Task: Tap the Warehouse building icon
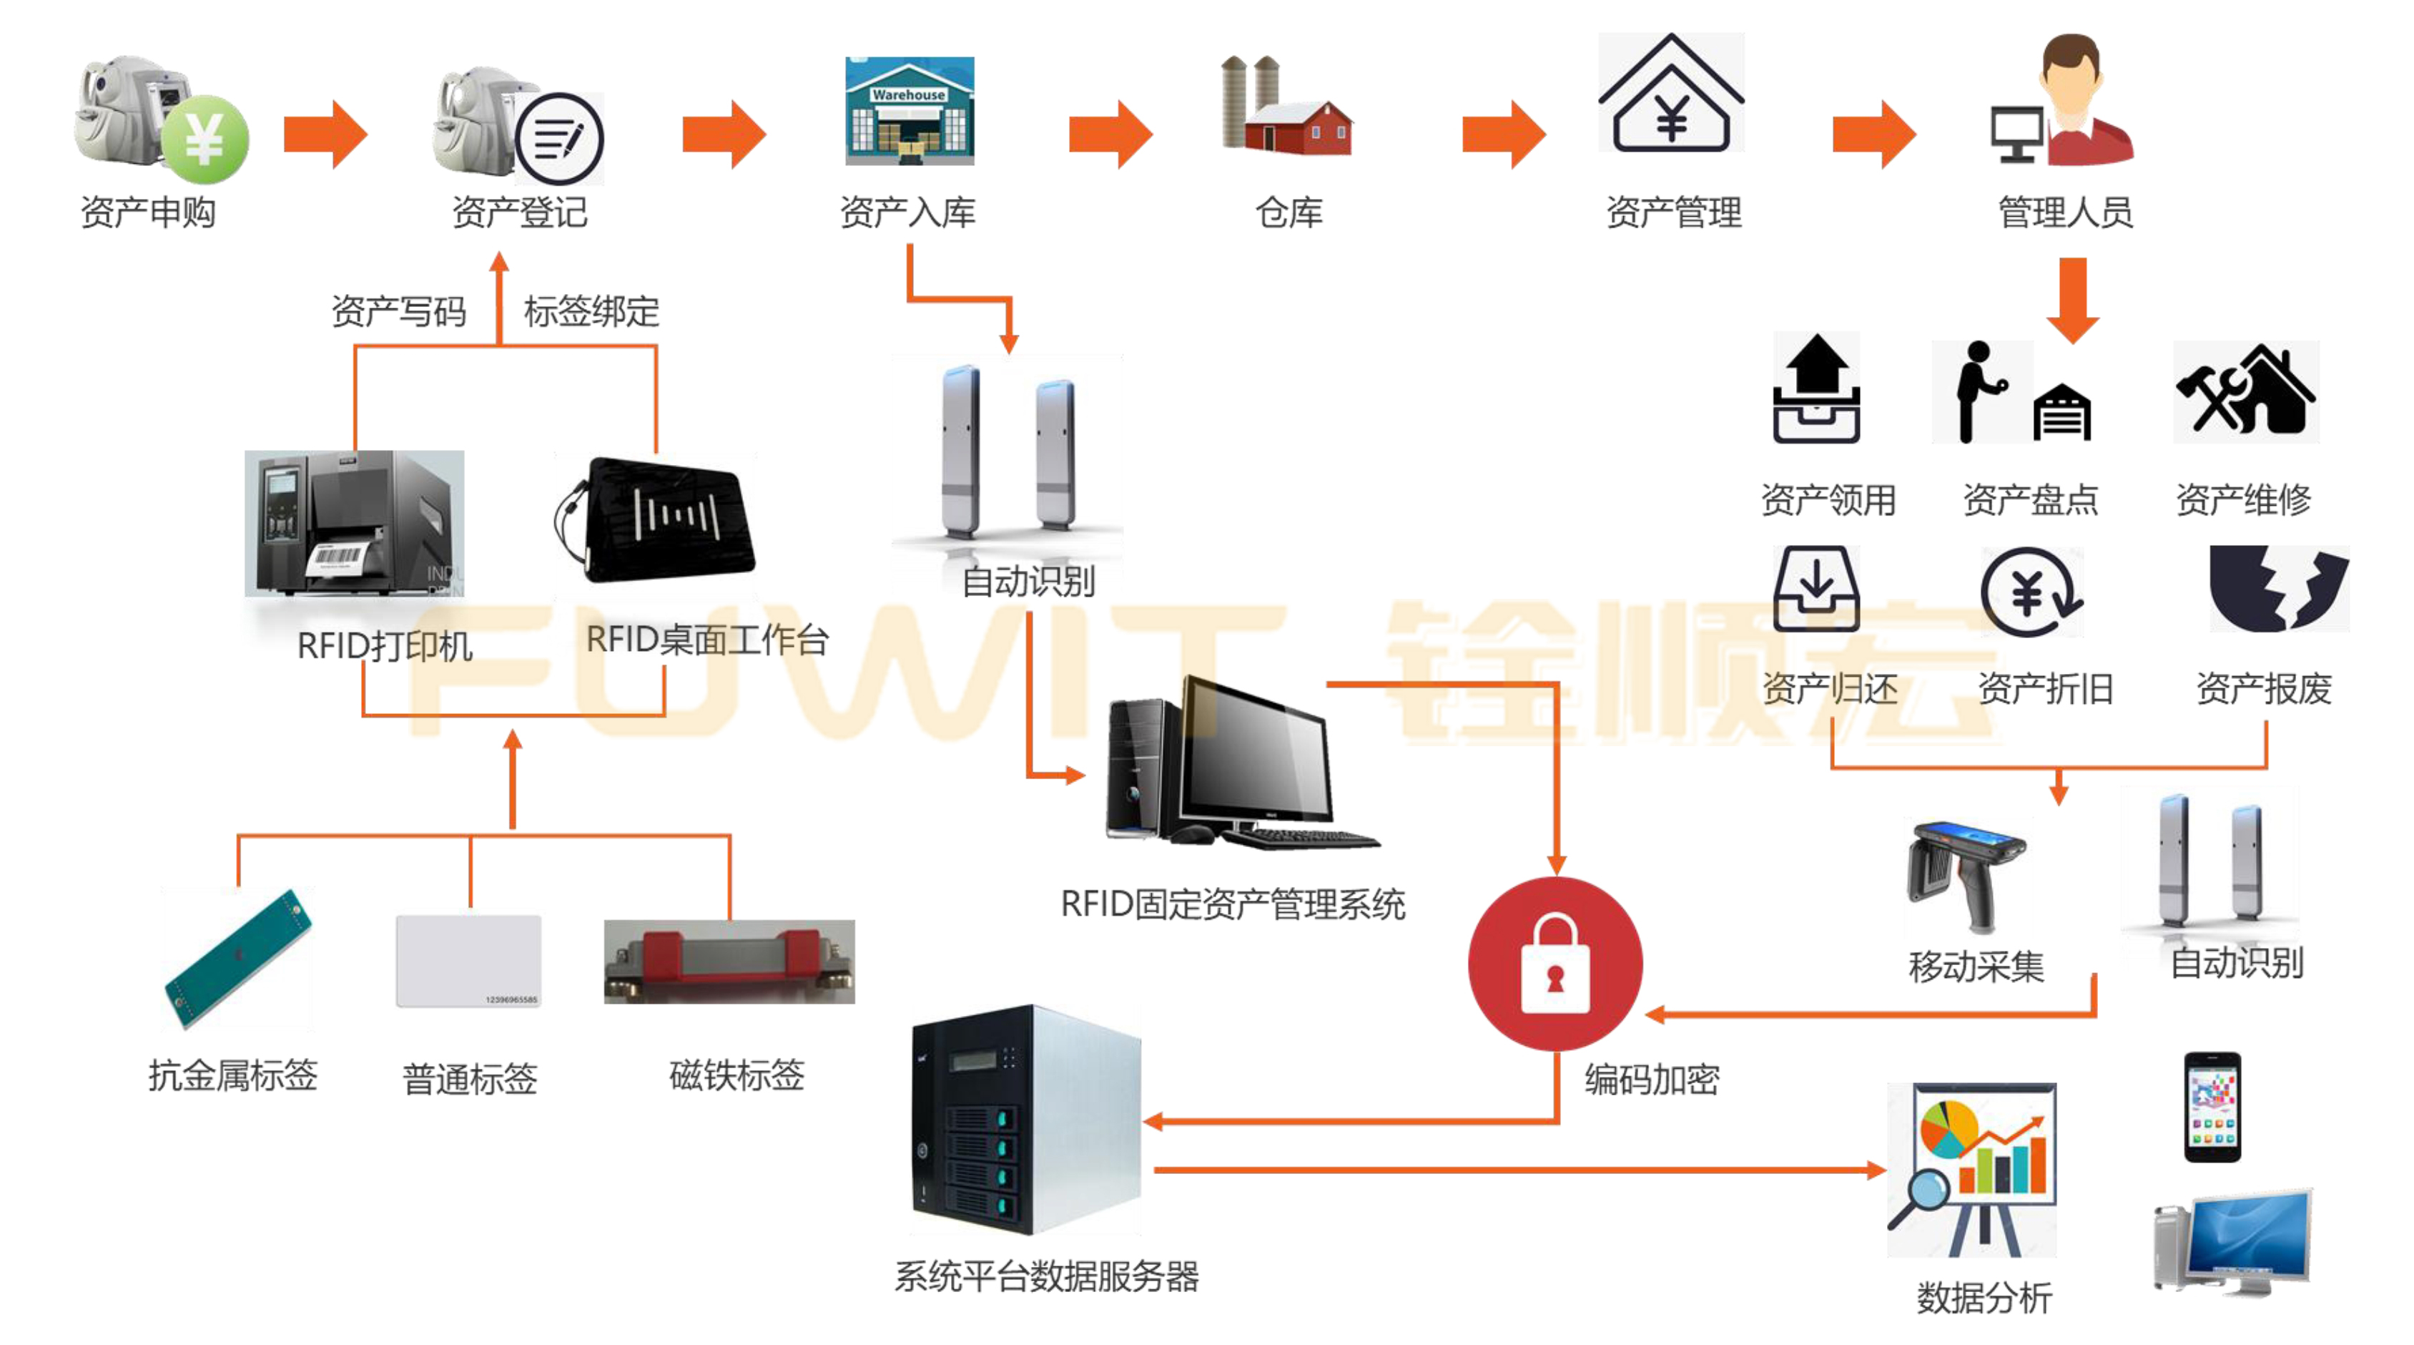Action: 909,111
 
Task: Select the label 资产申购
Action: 148,212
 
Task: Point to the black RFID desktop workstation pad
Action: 660,518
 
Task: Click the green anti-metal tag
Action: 237,958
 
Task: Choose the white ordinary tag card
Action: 468,961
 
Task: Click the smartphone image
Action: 2212,1106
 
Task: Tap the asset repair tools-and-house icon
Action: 2245,392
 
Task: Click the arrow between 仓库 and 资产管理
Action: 1503,134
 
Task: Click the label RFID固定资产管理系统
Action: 1232,904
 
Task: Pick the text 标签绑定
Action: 591,311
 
